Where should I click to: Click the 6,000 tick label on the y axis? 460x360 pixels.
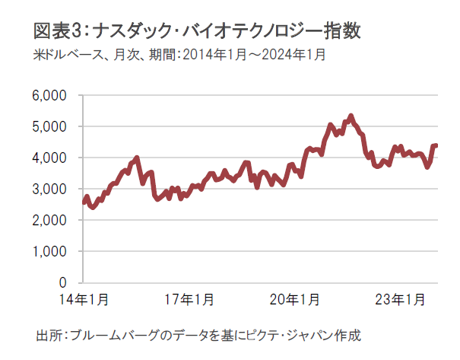click(52, 96)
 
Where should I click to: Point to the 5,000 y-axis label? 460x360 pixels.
click(52, 127)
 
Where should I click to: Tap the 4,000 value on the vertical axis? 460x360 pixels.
click(52, 158)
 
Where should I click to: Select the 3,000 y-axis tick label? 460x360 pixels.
click(52, 190)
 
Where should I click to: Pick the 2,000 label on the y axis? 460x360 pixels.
click(52, 221)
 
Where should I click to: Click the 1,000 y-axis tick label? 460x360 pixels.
click(52, 252)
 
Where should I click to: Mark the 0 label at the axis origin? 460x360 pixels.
click(64, 282)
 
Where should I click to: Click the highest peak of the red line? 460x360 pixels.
click(351, 116)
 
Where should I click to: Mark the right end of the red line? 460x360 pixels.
click(436, 145)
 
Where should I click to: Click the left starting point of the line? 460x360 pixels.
click(83, 202)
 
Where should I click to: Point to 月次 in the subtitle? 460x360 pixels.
click(132, 56)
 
